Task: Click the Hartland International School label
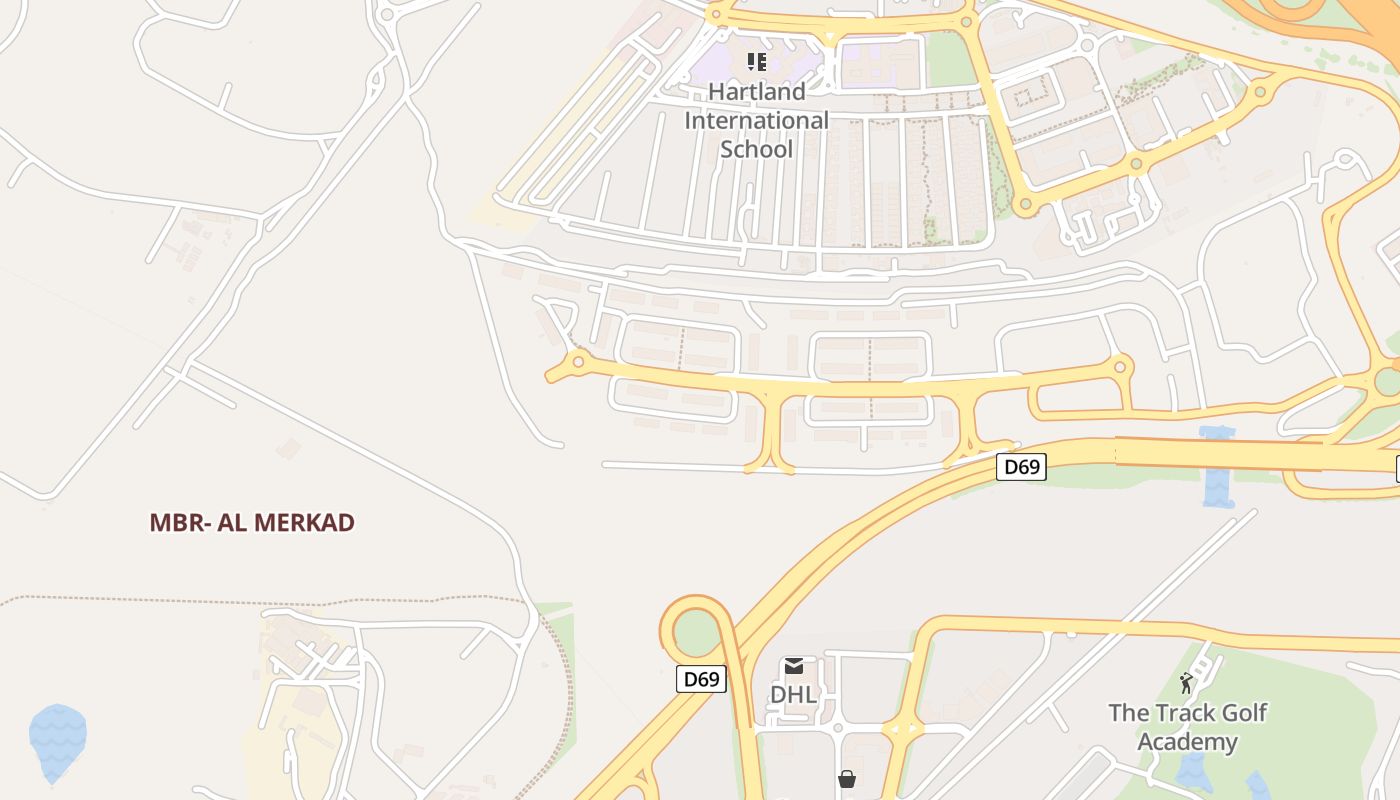point(756,120)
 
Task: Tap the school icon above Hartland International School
point(757,62)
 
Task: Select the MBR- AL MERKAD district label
point(252,522)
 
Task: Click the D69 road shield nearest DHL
point(701,679)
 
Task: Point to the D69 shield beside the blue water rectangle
point(1021,466)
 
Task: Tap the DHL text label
point(794,694)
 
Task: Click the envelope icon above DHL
point(794,666)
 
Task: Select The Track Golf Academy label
point(1187,727)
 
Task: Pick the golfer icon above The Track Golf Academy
point(1186,684)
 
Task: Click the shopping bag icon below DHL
point(847,778)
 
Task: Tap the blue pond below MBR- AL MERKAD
point(58,740)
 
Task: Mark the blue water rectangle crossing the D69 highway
point(1218,467)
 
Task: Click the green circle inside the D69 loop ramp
point(698,632)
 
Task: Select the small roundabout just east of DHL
point(902,730)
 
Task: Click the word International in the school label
point(756,120)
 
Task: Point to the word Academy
point(1187,742)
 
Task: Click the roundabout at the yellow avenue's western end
point(577,361)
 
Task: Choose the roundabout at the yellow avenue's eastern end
point(1120,367)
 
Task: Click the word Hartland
point(756,91)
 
